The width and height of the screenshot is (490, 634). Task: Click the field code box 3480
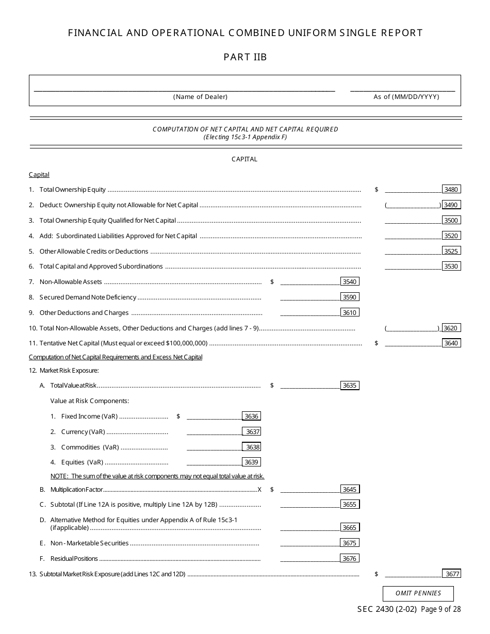pyautogui.click(x=451, y=189)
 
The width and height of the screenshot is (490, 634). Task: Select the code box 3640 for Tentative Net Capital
pyautogui.click(x=451, y=343)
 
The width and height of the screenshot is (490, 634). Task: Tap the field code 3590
pyautogui.click(x=350, y=297)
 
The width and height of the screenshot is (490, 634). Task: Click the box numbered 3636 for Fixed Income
pyautogui.click(x=251, y=416)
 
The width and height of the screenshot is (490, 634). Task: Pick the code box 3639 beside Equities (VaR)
pyautogui.click(x=251, y=462)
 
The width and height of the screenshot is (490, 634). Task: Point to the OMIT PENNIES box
pyautogui.click(x=418, y=593)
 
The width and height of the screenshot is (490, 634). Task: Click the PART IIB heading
pyautogui.click(x=245, y=57)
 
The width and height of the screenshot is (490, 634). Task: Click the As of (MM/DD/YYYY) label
pyautogui.click(x=406, y=97)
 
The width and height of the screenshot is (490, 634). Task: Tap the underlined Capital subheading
pyautogui.click(x=39, y=175)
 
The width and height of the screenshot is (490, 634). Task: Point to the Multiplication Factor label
pyautogui.click(x=76, y=489)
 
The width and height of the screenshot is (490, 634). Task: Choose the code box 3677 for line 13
pyautogui.click(x=451, y=574)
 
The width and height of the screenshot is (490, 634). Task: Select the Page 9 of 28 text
pyautogui.click(x=441, y=609)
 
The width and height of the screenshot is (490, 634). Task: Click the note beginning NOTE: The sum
pyautogui.click(x=157, y=476)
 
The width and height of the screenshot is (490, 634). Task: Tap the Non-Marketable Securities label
pyautogui.click(x=89, y=543)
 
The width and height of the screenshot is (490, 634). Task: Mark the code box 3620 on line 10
pyautogui.click(x=451, y=328)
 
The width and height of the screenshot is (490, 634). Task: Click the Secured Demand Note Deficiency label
pyautogui.click(x=88, y=297)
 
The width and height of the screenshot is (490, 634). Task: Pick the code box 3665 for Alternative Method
pyautogui.click(x=350, y=527)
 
